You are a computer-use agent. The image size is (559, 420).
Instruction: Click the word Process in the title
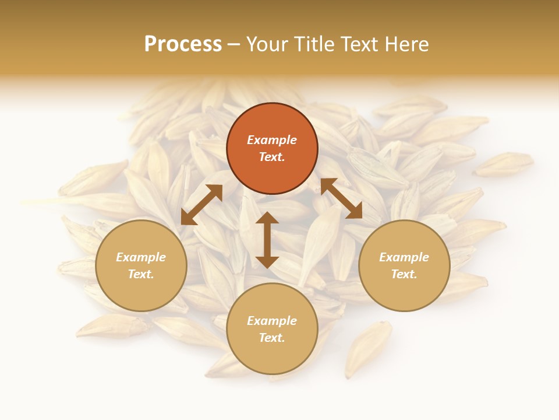click(x=183, y=44)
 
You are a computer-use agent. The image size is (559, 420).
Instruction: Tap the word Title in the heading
click(x=316, y=44)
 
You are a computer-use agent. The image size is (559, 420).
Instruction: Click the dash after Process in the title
click(x=233, y=45)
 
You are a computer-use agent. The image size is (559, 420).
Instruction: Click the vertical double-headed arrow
click(x=267, y=240)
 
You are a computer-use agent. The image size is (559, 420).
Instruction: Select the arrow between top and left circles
click(x=201, y=205)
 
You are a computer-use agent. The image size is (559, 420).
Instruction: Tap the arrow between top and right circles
click(x=341, y=198)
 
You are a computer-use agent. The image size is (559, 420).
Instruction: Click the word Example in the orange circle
click(x=272, y=140)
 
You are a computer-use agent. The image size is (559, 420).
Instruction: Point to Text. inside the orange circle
click(x=272, y=157)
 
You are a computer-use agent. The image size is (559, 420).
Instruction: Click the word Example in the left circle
click(x=141, y=257)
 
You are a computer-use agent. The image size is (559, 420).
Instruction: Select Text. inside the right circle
click(x=404, y=274)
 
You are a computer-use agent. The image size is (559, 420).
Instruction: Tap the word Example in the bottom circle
click(x=272, y=321)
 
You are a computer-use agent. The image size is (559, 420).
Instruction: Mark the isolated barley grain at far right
click(x=504, y=164)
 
